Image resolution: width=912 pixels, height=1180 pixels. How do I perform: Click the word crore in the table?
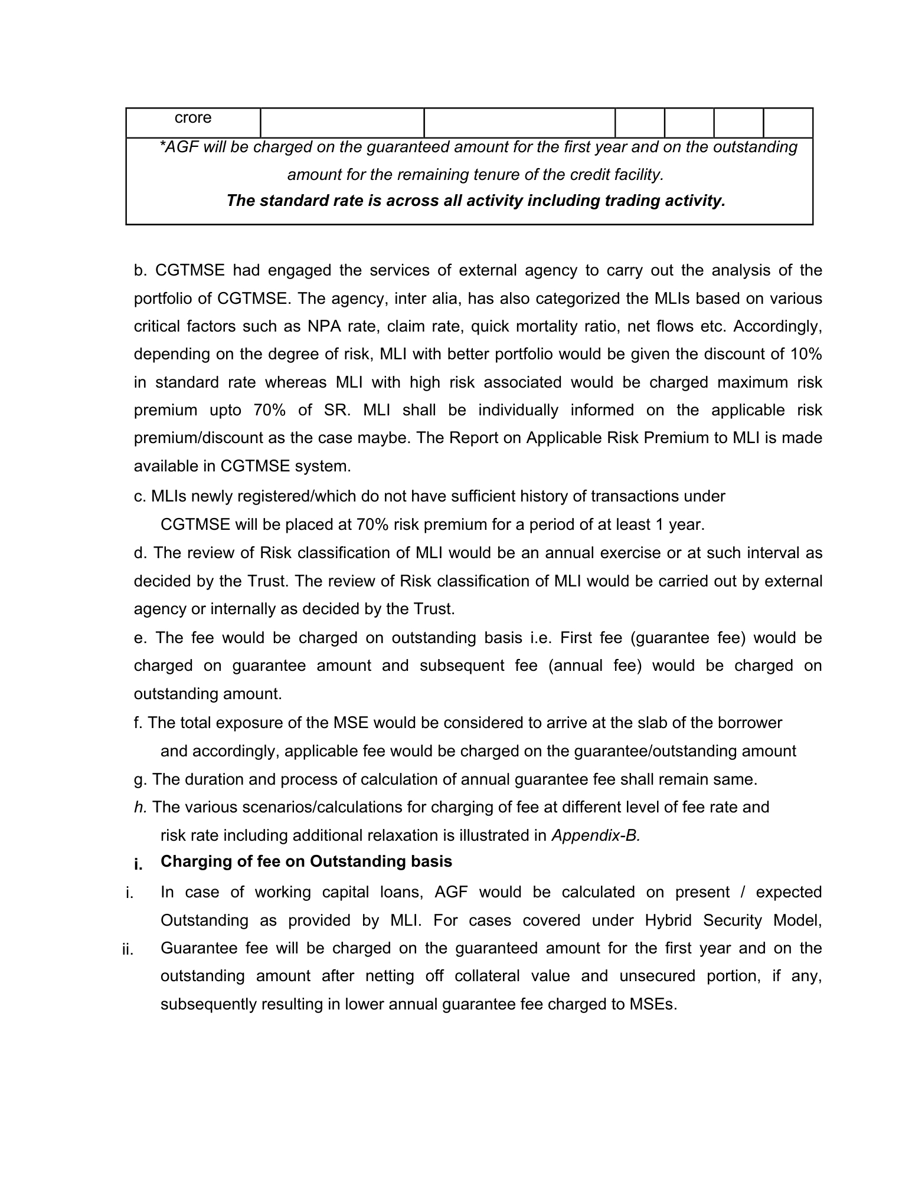click(193, 118)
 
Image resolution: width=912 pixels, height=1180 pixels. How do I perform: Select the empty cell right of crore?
click(342, 123)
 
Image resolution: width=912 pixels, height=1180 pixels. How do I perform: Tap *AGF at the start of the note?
click(175, 147)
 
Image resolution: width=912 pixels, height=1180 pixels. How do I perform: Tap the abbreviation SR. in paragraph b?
click(338, 410)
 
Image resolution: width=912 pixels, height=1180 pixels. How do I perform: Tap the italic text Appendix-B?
click(596, 835)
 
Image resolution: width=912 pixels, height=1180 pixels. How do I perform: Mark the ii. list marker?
click(128, 950)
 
